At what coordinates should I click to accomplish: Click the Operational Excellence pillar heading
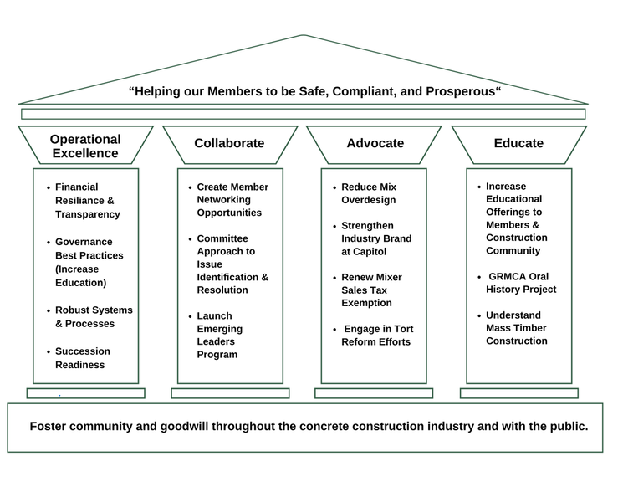[x=85, y=146]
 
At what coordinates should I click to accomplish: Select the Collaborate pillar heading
[x=229, y=143]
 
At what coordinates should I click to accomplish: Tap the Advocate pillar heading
[x=375, y=143]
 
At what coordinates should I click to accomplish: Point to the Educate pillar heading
[x=518, y=143]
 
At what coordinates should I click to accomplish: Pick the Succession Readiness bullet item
[x=83, y=358]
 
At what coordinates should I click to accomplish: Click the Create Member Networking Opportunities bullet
[x=232, y=200]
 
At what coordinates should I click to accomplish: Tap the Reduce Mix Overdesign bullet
[x=369, y=193]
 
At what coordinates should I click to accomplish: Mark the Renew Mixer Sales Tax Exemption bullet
[x=371, y=290]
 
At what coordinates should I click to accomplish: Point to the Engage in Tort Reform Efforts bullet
[x=377, y=336]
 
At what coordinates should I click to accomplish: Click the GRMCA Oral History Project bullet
[x=521, y=283]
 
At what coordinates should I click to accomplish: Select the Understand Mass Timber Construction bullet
[x=517, y=328]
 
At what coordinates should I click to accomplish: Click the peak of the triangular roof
[x=302, y=35]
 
